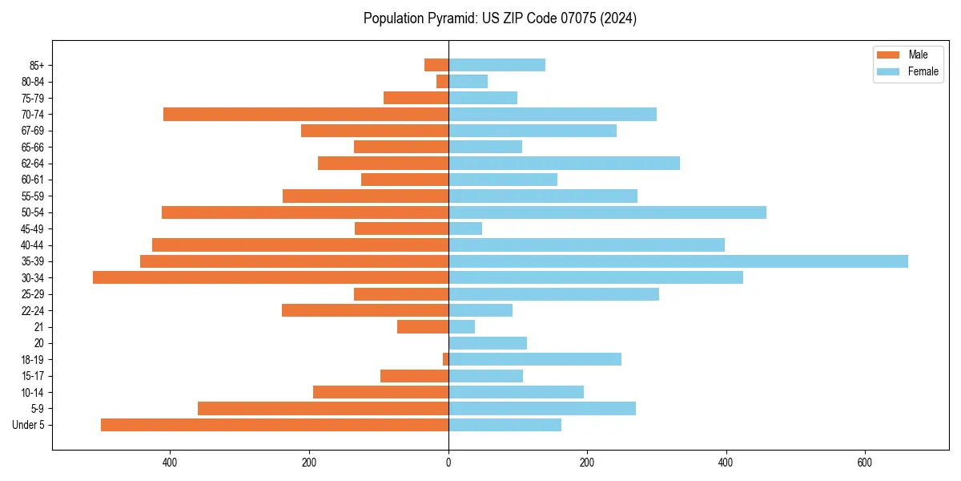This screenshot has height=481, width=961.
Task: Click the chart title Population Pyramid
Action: pos(500,18)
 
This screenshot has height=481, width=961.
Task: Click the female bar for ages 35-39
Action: pos(678,261)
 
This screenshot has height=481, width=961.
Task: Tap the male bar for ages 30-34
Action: pos(271,277)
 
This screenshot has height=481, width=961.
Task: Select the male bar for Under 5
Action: pos(275,425)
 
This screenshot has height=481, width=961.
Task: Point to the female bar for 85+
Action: pos(497,65)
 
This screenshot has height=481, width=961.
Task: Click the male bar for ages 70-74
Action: pos(306,115)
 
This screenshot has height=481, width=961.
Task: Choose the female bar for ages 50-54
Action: pos(607,212)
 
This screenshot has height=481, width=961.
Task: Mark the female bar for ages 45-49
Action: pos(465,228)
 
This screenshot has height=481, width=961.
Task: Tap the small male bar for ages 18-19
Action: pos(445,359)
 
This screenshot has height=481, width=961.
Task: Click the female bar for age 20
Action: pos(488,343)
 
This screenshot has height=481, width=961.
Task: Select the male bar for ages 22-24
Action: pos(365,310)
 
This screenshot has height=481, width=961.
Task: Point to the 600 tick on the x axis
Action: pos(864,463)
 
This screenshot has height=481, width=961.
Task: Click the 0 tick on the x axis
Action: pos(448,463)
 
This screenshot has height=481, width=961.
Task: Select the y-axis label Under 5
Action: pos(28,425)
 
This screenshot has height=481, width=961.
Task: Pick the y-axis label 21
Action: pos(38,327)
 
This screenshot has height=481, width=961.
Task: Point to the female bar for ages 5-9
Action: pos(542,409)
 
